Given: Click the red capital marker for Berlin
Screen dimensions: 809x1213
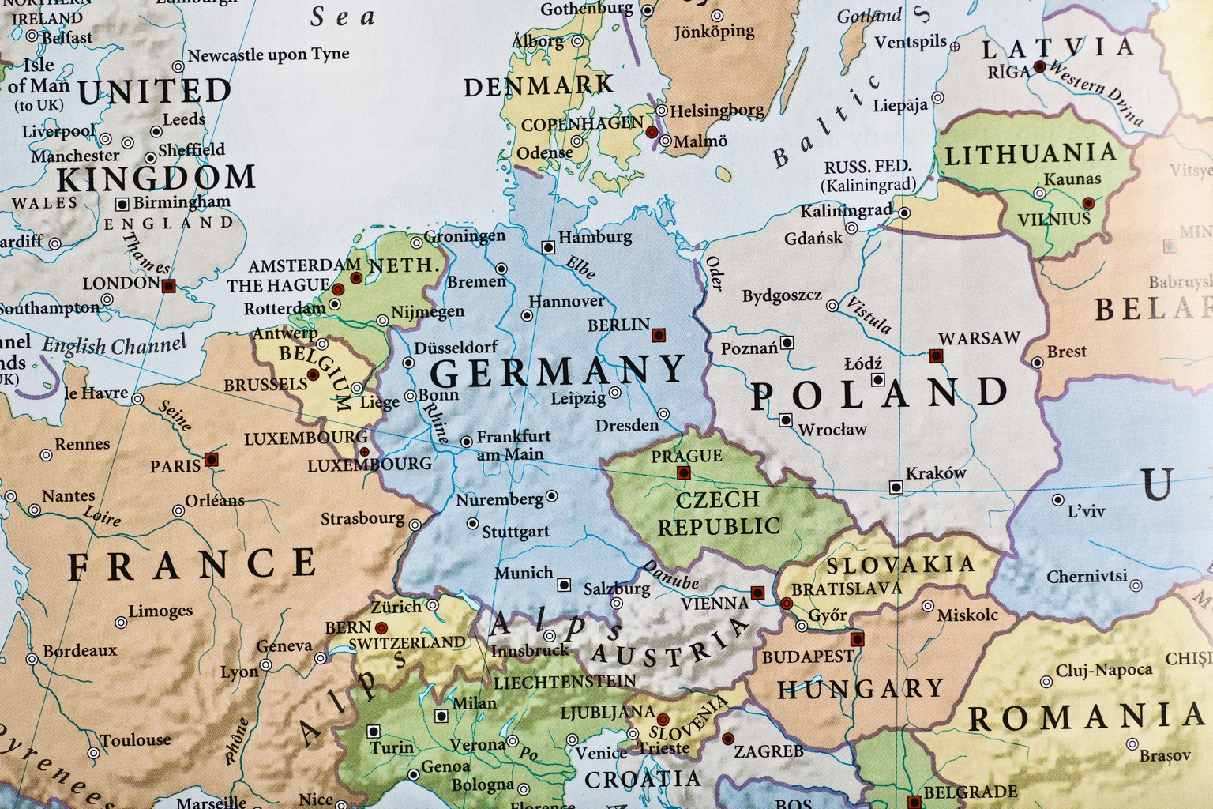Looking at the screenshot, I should (658, 335).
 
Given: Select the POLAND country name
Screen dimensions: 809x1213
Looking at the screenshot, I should (879, 393).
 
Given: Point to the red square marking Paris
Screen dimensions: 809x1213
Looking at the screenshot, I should (210, 459).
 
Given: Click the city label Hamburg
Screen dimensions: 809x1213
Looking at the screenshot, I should (595, 237).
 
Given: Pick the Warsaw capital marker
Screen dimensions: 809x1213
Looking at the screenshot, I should (936, 356).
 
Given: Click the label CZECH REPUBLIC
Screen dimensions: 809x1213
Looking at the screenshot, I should (718, 512).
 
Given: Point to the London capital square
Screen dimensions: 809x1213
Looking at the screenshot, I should (167, 286).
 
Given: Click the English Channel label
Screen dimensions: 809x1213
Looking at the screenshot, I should (115, 345).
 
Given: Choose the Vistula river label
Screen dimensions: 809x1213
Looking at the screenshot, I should (869, 315).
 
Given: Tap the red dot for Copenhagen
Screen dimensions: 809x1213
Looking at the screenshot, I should (652, 132).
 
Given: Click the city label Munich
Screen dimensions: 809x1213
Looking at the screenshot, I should (524, 573).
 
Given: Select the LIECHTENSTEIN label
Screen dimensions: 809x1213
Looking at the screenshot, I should (564, 681).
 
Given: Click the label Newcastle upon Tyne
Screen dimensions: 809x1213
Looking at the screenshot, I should (268, 55).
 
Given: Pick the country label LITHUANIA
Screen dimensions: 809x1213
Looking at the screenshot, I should (1031, 154).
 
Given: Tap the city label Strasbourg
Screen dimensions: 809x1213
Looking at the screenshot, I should (362, 519).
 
